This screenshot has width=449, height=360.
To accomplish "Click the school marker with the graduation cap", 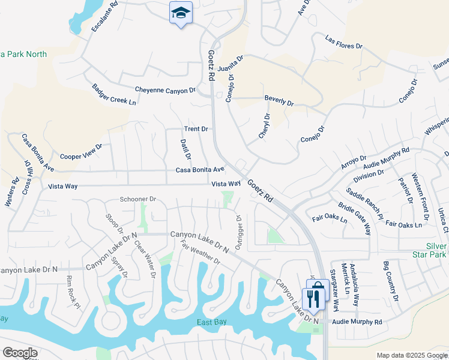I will point(179,13).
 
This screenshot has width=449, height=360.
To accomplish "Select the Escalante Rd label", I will point(103,21).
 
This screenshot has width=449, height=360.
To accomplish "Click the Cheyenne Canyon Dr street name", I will point(165,90).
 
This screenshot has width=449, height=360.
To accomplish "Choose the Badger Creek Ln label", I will point(114,94).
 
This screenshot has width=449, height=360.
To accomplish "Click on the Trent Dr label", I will point(196,129).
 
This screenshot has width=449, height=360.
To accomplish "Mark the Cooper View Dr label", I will point(81,151).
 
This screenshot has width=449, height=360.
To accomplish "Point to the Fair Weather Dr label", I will point(200,252).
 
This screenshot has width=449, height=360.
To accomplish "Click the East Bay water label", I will point(212,322).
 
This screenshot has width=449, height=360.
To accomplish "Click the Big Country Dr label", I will point(391,281).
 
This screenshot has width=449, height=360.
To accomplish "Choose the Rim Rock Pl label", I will point(73,292).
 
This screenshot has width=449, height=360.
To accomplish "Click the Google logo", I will point(20,353).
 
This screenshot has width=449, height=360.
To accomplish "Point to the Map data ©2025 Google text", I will point(411,355).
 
